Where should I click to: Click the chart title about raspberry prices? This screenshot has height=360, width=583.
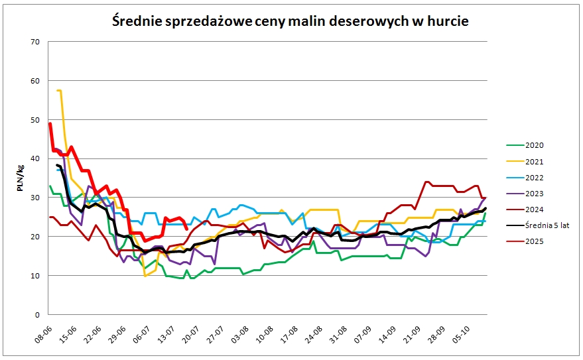[290, 21]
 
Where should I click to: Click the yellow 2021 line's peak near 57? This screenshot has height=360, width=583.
[60, 91]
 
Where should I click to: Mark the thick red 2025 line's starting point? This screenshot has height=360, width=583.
[50, 123]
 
